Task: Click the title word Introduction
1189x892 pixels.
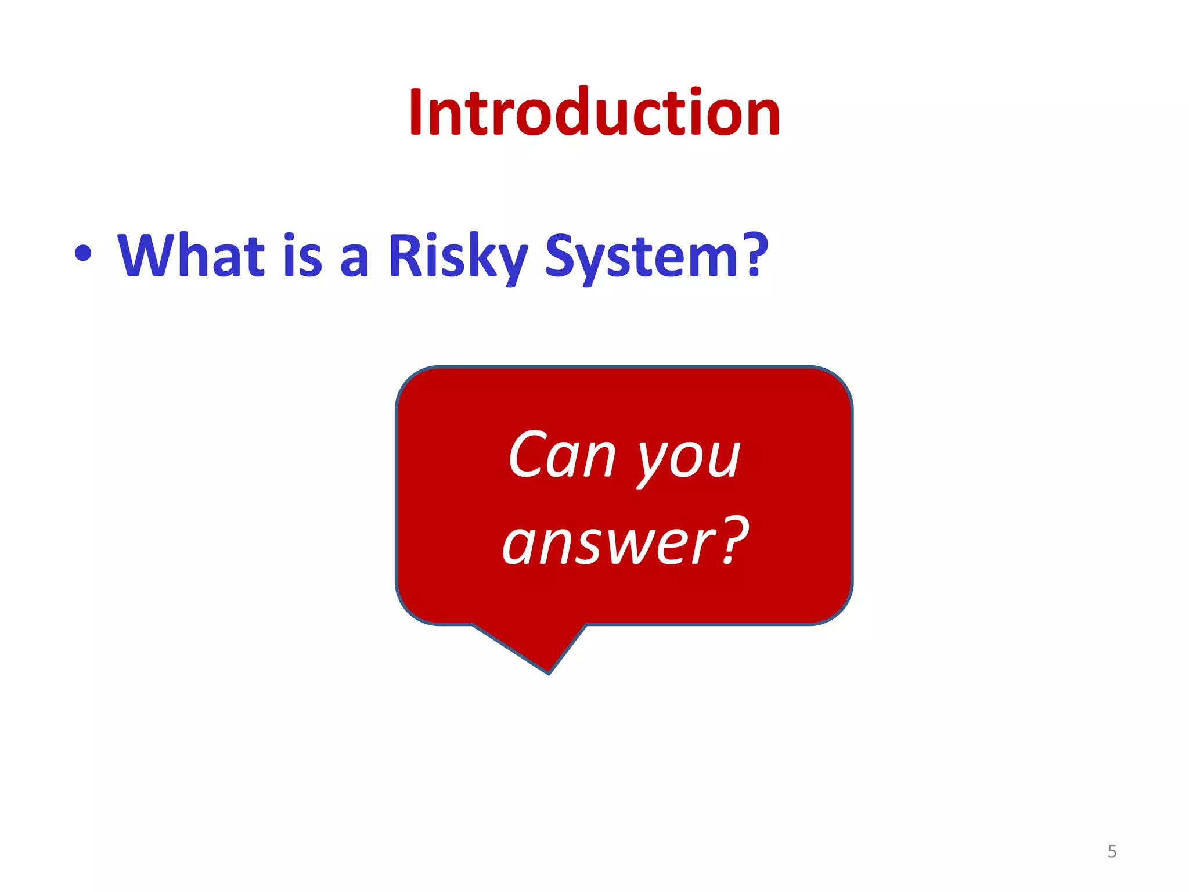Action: click(x=594, y=113)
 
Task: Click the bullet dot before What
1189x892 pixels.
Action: click(x=83, y=254)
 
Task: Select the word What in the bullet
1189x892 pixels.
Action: click(x=191, y=256)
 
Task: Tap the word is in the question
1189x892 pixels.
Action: click(x=302, y=256)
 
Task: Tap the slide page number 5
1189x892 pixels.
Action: click(x=1112, y=851)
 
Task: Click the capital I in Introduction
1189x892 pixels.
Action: click(x=416, y=111)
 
